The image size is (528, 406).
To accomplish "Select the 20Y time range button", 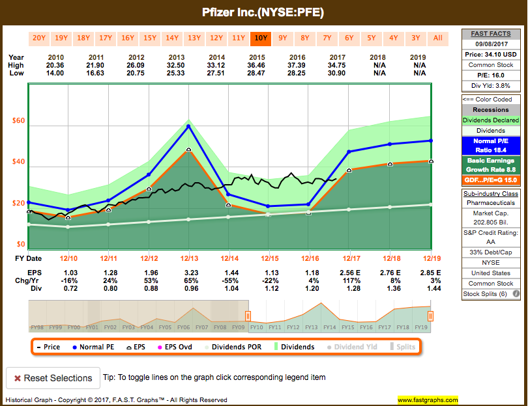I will (39, 38).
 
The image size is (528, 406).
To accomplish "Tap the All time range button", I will (438, 38).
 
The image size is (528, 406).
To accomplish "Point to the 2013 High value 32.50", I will (176, 66).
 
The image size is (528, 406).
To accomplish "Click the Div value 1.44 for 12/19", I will (430, 289).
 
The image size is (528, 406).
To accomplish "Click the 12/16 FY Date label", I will (309, 258).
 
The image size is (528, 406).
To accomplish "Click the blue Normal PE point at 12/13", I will (189, 126).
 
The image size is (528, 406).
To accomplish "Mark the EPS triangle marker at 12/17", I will (349, 170).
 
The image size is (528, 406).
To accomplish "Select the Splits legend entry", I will (402, 347).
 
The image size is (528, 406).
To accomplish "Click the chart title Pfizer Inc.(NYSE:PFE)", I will (263, 12).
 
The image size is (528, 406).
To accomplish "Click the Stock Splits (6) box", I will (490, 293).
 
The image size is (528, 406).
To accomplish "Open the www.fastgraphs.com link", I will (427, 399).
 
